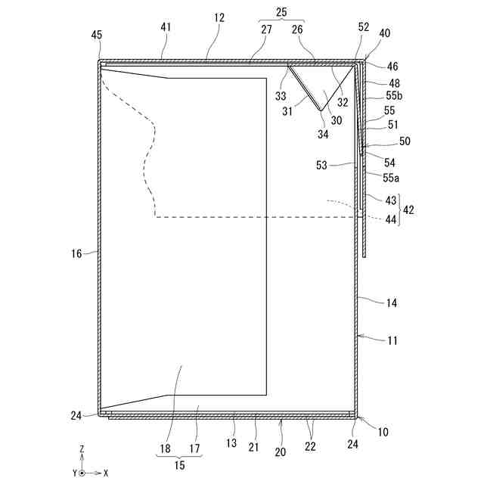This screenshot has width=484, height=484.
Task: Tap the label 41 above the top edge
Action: (x=166, y=26)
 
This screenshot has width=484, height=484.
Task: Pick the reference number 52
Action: (x=364, y=26)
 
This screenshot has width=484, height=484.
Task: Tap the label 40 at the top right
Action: (x=385, y=33)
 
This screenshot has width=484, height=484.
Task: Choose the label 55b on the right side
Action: (x=394, y=96)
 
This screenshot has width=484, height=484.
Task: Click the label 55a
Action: (x=391, y=177)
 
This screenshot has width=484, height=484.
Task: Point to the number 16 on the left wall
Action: (x=76, y=254)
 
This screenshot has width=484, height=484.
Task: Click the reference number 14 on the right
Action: (x=392, y=302)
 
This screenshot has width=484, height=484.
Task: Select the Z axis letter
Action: (x=82, y=449)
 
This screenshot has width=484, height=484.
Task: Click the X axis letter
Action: (x=106, y=473)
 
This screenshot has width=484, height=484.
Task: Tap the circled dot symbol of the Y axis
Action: (x=82, y=473)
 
